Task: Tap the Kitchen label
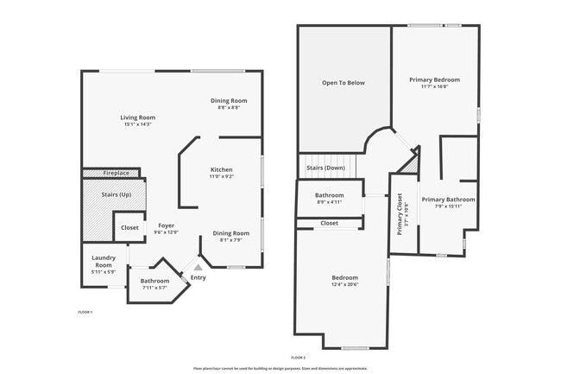point(222,169)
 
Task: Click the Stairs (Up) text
point(114,194)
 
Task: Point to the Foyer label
point(165,225)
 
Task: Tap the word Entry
point(199,277)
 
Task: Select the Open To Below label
point(344,83)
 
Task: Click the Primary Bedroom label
point(434,79)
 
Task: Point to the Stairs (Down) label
point(326,168)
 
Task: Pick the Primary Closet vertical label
point(400,212)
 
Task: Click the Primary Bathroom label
point(448,200)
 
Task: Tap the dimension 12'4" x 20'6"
point(344,284)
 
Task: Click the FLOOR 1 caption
point(85,311)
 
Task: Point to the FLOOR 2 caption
point(299,357)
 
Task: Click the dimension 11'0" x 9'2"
point(222,176)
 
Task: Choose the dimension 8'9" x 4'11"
point(329,202)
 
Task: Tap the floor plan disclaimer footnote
point(280,368)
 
